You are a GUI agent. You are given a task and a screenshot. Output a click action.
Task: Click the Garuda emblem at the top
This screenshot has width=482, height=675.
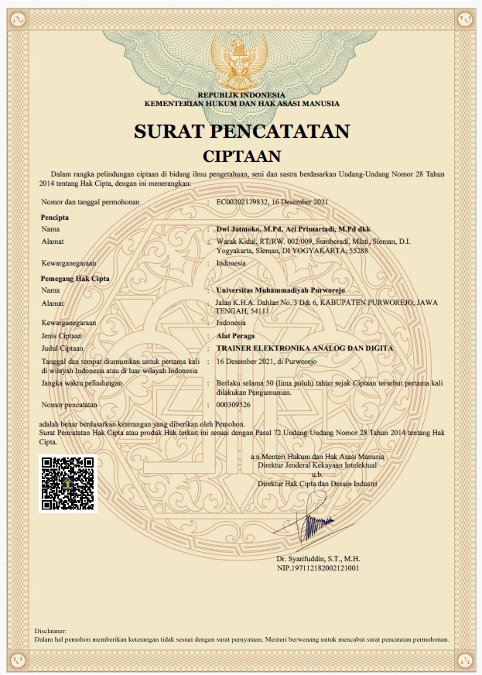(240, 57)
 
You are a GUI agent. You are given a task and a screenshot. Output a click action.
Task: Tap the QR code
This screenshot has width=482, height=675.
(68, 484)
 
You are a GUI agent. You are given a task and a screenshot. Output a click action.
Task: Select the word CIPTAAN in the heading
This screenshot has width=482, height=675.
(241, 156)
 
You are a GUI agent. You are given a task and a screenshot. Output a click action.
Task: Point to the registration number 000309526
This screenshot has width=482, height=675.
(234, 405)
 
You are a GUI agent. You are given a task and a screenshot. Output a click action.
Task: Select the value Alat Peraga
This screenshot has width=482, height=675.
(236, 336)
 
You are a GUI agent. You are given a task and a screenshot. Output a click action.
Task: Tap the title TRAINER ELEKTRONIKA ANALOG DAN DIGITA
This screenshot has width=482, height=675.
(305, 348)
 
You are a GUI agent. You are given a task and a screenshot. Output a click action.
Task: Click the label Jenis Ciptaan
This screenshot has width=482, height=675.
(62, 336)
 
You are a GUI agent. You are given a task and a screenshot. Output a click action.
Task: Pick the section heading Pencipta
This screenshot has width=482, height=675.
(55, 218)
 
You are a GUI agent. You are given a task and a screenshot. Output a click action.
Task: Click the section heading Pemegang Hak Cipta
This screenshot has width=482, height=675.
(75, 277)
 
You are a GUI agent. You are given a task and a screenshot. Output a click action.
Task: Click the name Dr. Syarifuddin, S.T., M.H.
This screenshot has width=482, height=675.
(318, 558)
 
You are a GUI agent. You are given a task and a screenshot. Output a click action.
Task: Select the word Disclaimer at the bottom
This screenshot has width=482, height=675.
(52, 632)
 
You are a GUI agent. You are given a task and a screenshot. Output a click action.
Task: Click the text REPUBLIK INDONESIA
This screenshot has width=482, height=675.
(241, 94)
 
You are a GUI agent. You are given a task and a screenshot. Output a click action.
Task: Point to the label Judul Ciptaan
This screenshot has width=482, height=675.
(63, 348)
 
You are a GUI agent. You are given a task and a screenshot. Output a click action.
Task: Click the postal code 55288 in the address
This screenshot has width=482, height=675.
(358, 251)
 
